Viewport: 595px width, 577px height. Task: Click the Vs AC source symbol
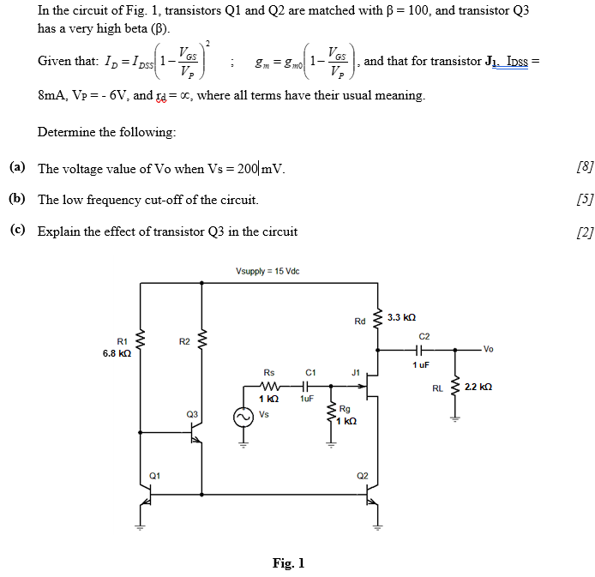point(243,416)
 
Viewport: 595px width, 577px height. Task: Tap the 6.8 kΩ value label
point(117,352)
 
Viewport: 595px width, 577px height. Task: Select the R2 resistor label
point(184,341)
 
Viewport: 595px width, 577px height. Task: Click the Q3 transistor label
point(191,414)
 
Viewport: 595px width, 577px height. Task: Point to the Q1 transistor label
point(154,474)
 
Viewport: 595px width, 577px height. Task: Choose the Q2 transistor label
point(362,474)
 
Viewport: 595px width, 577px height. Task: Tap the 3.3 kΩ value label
point(400,317)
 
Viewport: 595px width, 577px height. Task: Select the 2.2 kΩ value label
point(478,388)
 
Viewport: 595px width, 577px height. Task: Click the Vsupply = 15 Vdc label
point(267,272)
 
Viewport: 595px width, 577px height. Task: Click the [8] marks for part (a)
point(586,167)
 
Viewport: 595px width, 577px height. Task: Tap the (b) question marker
point(17,199)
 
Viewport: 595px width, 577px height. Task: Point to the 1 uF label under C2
point(420,364)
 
